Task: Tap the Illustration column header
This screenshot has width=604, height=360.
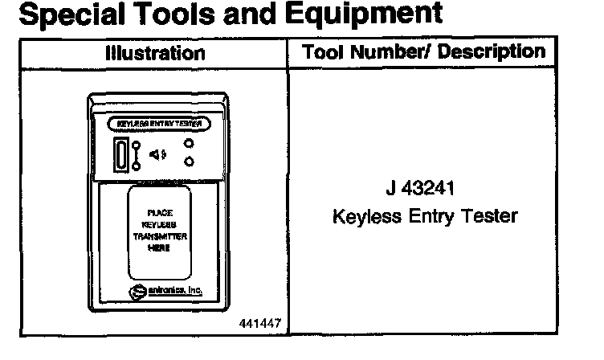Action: click(x=155, y=54)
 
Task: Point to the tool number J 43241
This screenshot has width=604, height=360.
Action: click(x=424, y=191)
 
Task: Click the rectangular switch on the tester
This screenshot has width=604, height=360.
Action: click(x=120, y=154)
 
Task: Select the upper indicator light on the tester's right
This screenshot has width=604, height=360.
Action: click(x=188, y=144)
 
